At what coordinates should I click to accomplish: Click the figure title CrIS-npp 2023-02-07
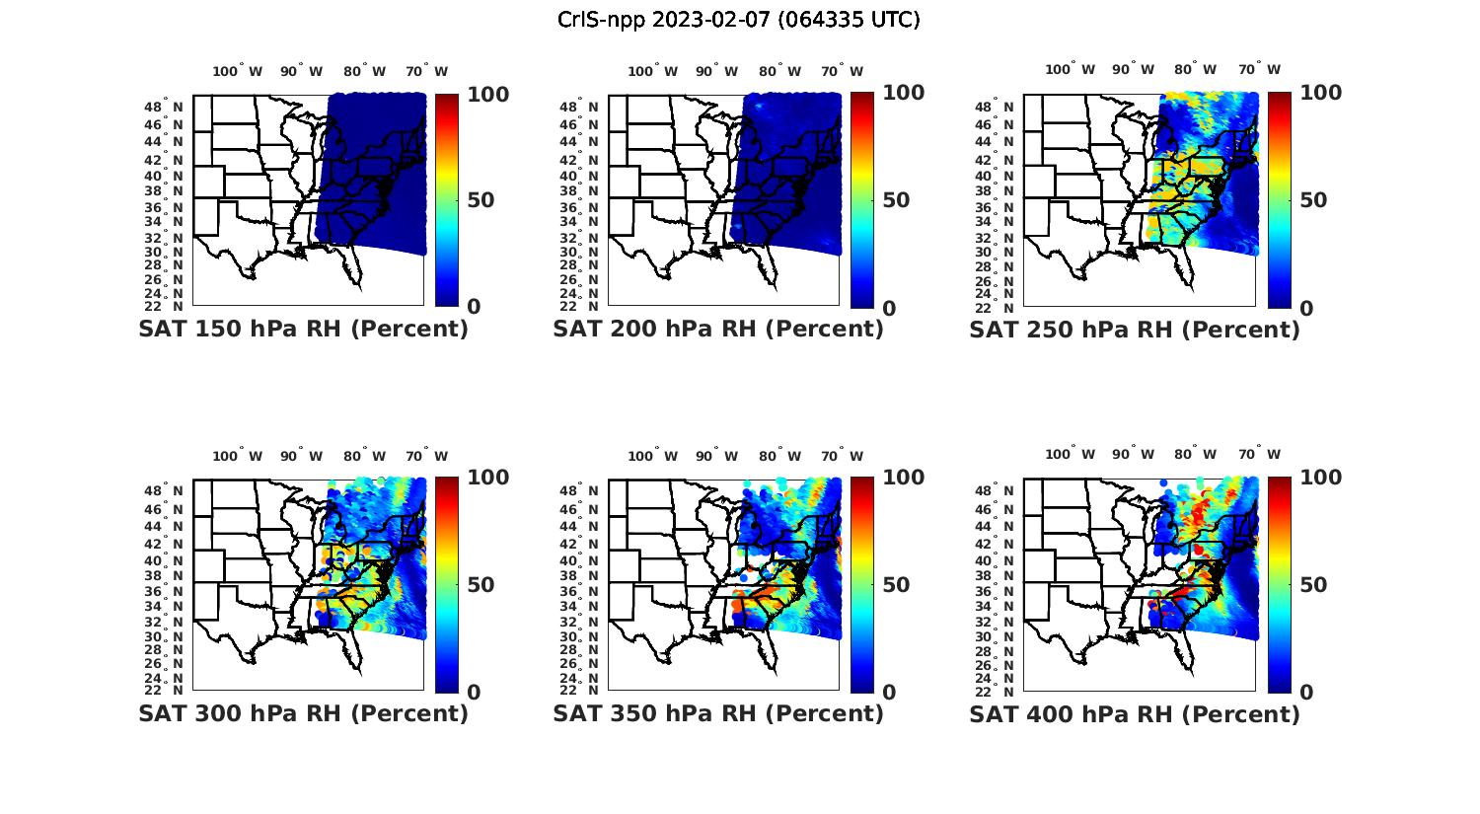(738, 20)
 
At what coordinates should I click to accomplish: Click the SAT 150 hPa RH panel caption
(303, 329)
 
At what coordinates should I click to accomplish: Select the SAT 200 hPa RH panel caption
(718, 329)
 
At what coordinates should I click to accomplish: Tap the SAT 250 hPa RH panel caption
(1135, 330)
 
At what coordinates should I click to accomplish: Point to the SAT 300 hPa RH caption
(303, 712)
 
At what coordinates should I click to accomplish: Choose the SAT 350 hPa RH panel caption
(718, 712)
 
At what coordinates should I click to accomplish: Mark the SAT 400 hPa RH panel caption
(1135, 713)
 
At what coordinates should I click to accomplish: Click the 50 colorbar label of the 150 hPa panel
(481, 200)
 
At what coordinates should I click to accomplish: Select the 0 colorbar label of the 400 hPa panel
(1306, 692)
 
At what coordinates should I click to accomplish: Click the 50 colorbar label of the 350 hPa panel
(896, 584)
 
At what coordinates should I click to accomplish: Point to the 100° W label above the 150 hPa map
(238, 71)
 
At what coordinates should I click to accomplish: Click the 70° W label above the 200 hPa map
(842, 71)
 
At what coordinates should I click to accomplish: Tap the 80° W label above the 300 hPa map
(365, 456)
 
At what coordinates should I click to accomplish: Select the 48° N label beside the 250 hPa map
(1003, 107)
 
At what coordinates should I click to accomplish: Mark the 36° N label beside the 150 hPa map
(172, 207)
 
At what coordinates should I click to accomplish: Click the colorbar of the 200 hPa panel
(861, 199)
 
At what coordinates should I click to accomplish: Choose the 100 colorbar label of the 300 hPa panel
(487, 478)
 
